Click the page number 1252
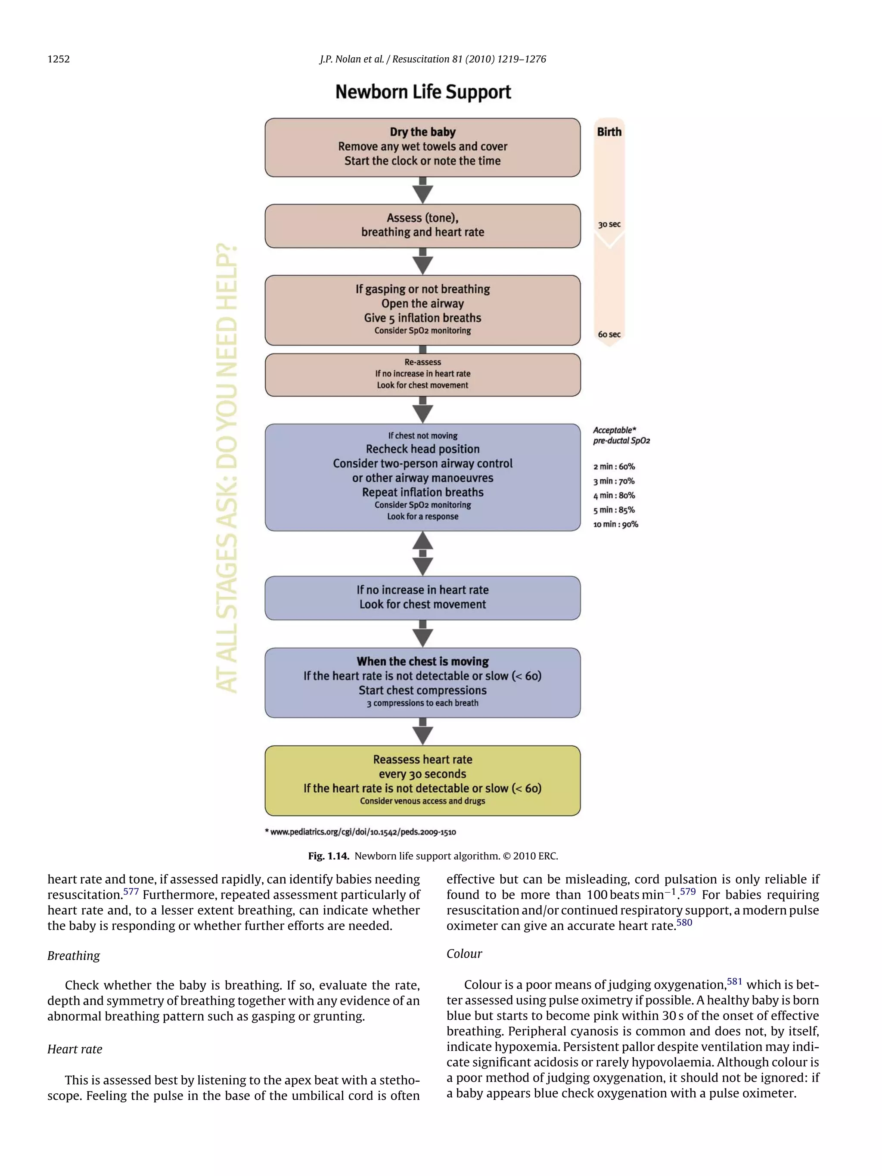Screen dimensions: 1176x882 point(59,59)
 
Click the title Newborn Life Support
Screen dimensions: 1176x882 point(422,92)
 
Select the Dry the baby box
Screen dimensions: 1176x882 point(422,147)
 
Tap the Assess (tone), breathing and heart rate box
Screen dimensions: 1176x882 point(422,225)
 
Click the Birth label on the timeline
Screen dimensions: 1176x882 point(609,132)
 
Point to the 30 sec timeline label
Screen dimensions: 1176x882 point(609,224)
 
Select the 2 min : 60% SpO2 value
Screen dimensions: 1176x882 point(614,467)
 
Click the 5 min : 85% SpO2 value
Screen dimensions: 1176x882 point(614,510)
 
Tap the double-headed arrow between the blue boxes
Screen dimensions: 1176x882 point(422,553)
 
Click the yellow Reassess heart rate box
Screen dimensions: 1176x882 point(422,780)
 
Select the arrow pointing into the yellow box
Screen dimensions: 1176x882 point(422,732)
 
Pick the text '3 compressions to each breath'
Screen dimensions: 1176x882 point(422,703)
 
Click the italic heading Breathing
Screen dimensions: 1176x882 point(73,956)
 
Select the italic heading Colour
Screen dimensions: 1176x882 point(464,954)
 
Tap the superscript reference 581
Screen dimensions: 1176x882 point(734,981)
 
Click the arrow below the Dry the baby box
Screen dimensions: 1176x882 point(422,190)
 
